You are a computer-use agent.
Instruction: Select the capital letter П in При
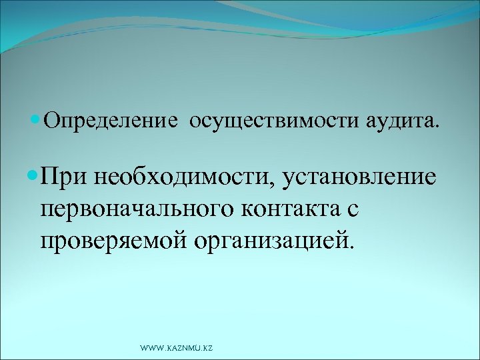point(49,178)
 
